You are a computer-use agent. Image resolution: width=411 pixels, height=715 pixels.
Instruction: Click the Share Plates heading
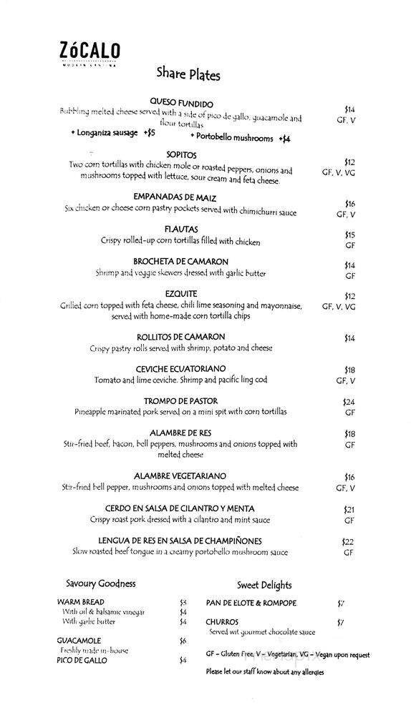point(188,74)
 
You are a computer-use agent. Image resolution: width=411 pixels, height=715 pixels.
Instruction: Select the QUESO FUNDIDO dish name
point(182,104)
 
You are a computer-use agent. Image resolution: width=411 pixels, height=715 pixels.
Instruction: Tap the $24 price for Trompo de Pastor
point(349,403)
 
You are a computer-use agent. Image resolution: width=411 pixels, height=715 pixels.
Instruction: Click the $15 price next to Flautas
point(349,235)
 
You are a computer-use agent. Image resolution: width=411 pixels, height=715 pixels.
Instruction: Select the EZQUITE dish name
point(180,294)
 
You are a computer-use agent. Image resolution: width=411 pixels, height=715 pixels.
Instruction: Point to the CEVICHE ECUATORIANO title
point(180,369)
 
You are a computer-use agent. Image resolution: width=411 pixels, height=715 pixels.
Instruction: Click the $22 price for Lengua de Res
point(349,542)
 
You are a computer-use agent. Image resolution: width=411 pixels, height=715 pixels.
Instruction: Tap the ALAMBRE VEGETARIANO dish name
point(180,476)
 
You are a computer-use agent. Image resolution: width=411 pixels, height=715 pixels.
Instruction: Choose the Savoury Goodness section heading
point(100,583)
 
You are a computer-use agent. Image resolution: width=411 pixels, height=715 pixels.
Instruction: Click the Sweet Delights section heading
point(264,585)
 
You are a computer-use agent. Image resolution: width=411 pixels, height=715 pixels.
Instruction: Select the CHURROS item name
point(222,622)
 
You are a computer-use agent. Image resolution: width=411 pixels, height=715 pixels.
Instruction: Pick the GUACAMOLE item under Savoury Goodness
point(79,641)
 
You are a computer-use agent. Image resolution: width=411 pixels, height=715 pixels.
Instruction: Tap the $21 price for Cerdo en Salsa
point(349,510)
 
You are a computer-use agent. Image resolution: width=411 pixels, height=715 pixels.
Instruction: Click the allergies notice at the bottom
point(264,671)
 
